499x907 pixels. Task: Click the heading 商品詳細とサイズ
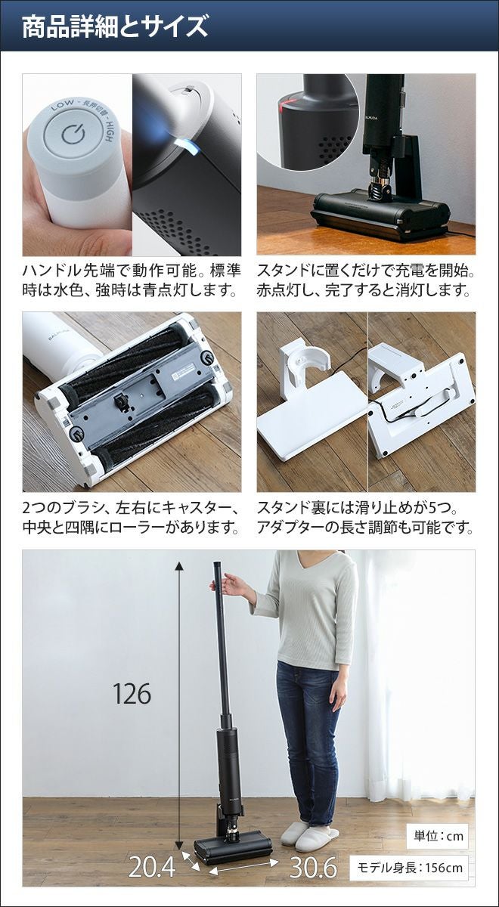115,27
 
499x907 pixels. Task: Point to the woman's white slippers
309,823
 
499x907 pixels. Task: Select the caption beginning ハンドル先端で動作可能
132,280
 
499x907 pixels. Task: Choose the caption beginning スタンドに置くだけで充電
366,280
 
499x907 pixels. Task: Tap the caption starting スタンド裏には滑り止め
366,517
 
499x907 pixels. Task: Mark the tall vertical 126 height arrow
178,700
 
